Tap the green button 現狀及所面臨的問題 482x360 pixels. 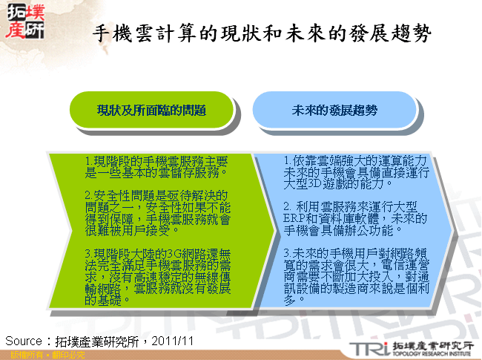tap(151, 110)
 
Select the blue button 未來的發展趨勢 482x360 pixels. tap(334, 110)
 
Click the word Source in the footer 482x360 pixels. tap(27, 341)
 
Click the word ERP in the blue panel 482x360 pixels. tap(294, 217)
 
